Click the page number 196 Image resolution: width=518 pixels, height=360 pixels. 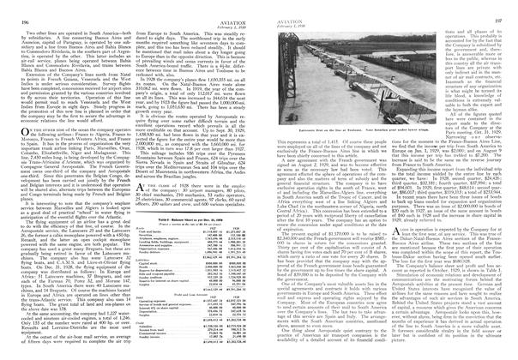pyautogui.click(x=15, y=8)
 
